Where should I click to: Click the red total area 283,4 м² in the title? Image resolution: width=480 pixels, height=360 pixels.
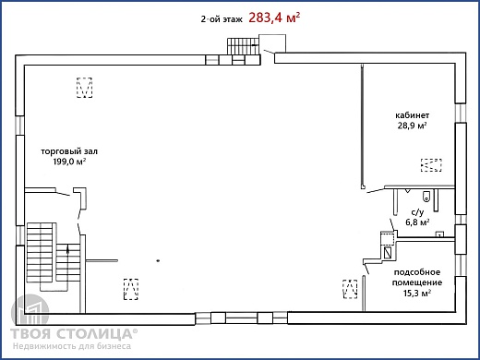coord(274,18)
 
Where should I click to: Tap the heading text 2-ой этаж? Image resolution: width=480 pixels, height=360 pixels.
coord(222,19)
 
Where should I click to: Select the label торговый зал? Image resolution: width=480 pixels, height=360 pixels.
coord(69,151)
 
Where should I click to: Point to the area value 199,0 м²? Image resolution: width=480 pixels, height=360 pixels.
coord(69,162)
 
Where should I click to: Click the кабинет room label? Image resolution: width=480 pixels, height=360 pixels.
coord(413,115)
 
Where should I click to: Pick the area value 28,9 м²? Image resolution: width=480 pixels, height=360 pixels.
coord(413,126)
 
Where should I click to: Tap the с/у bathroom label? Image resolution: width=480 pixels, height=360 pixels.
coord(417,212)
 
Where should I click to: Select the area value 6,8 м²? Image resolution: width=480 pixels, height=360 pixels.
coord(417,222)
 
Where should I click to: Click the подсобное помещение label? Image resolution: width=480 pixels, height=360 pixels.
coord(417,277)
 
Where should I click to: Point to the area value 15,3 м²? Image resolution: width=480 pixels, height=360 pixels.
coord(417,293)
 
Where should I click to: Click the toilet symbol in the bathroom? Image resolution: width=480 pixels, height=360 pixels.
coord(426,196)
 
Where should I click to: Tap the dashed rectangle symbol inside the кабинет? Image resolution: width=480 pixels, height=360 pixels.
coord(431,165)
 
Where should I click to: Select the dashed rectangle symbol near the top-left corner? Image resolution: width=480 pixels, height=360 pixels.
coord(84,88)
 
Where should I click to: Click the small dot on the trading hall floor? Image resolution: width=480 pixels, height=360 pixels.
coord(158,261)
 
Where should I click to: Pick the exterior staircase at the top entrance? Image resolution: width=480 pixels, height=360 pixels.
coord(243,46)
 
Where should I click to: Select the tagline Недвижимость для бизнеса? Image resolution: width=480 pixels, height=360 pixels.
coord(72,346)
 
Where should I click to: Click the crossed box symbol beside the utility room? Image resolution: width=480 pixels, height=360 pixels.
coord(388,252)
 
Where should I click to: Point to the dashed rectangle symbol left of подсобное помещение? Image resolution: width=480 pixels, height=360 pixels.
coord(350,289)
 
